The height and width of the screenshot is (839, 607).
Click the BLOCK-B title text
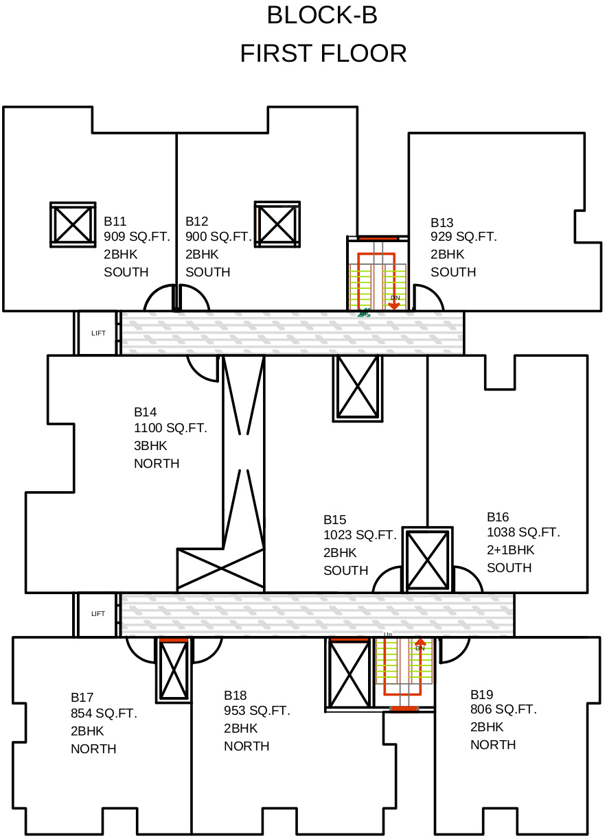322,15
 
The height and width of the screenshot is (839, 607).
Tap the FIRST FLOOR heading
323,54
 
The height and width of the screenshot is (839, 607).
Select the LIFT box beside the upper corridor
98,333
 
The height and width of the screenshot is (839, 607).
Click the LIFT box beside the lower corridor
98,614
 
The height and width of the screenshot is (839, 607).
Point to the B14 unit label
145,412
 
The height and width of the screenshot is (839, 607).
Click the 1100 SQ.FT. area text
170,429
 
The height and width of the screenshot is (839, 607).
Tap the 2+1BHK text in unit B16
510,550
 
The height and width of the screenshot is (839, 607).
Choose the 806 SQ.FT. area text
503,709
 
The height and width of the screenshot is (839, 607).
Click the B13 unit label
442,223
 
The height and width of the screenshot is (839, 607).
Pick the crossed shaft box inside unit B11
73,224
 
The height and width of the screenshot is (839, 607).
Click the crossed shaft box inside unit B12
277,224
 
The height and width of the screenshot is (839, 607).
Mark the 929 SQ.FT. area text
463,237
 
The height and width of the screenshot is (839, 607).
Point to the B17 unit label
82,697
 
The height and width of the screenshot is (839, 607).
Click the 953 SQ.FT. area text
257,711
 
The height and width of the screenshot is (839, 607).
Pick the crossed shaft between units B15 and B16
427,560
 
